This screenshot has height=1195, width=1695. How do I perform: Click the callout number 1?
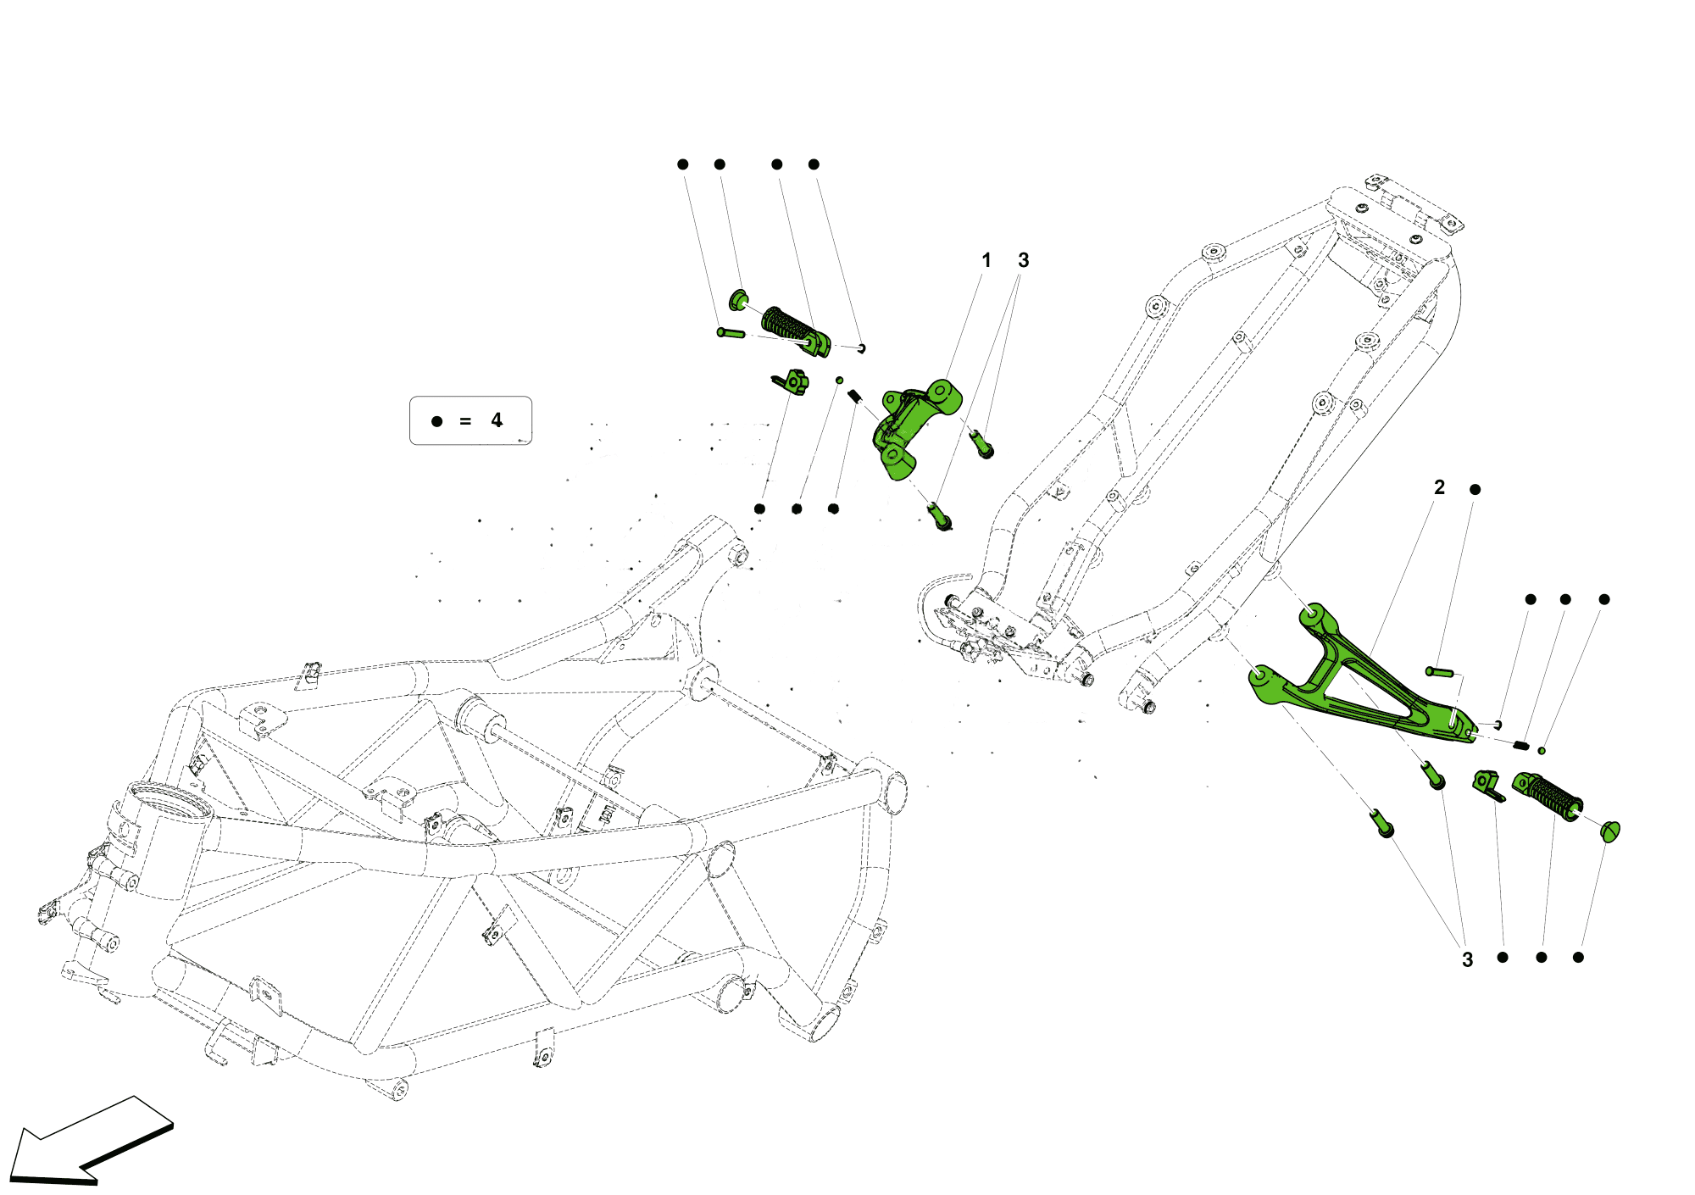[986, 260]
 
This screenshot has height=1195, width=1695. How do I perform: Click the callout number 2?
[1439, 487]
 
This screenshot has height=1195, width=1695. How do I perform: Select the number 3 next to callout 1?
[1023, 260]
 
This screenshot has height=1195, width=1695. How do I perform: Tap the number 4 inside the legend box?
[497, 420]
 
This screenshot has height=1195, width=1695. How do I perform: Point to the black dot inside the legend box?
[437, 421]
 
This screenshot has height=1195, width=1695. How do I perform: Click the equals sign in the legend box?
[465, 421]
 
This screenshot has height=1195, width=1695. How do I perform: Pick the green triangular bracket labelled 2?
[1356, 678]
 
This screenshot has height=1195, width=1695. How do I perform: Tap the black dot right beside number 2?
[1475, 490]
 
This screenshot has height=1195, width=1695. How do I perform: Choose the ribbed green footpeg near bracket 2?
[1549, 794]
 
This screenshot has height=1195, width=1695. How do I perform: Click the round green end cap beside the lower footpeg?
[1610, 831]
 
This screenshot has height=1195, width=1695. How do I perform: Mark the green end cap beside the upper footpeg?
[738, 299]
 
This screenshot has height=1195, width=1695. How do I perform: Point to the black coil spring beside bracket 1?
[855, 396]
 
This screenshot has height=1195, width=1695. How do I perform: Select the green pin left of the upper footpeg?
[731, 333]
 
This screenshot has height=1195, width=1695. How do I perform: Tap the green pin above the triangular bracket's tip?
[1439, 672]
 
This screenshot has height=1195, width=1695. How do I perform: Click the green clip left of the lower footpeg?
[1488, 785]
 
